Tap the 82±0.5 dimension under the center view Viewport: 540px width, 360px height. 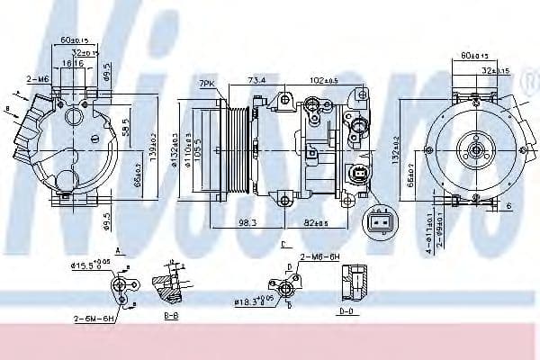click(x=315, y=222)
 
